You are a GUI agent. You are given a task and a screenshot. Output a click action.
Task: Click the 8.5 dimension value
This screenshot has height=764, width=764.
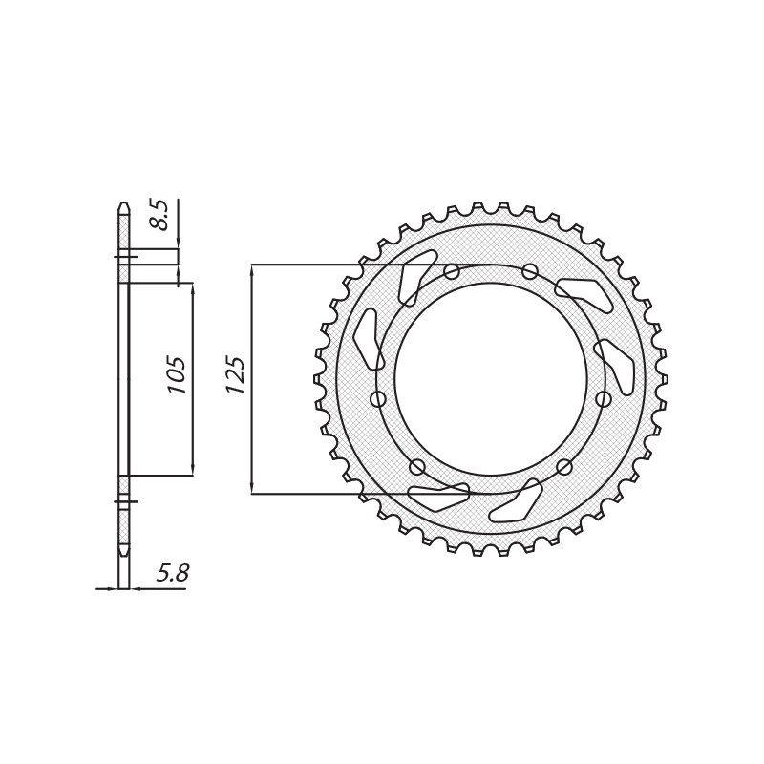[x=160, y=214]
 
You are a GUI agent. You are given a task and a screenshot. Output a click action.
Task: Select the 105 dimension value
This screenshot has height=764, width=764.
[x=177, y=375]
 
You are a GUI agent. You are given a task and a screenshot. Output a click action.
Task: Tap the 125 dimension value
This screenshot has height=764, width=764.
[x=235, y=375]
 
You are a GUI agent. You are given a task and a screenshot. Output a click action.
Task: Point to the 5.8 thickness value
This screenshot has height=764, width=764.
[x=173, y=573]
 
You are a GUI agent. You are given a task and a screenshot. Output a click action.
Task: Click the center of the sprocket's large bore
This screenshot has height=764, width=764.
[x=491, y=379]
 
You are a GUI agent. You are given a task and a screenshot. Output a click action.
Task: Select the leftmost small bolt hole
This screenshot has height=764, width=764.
[x=378, y=399]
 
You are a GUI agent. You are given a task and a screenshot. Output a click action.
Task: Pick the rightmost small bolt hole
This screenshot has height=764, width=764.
[x=604, y=399]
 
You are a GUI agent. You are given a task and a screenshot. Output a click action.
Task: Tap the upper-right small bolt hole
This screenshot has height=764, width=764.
[x=530, y=271]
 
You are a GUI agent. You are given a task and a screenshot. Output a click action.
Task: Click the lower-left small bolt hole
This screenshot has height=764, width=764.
[x=417, y=467]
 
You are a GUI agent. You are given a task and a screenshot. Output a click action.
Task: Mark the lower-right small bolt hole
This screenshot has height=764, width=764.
[x=564, y=467]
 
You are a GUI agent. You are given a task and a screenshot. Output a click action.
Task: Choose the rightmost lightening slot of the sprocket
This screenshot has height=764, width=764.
[x=616, y=366]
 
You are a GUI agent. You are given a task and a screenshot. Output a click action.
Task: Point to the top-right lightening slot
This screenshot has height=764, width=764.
[x=584, y=294]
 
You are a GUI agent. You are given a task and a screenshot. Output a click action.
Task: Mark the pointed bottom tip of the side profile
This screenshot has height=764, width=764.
[x=123, y=554]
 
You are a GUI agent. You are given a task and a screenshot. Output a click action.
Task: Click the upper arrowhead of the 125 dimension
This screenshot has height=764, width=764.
[x=252, y=270]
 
